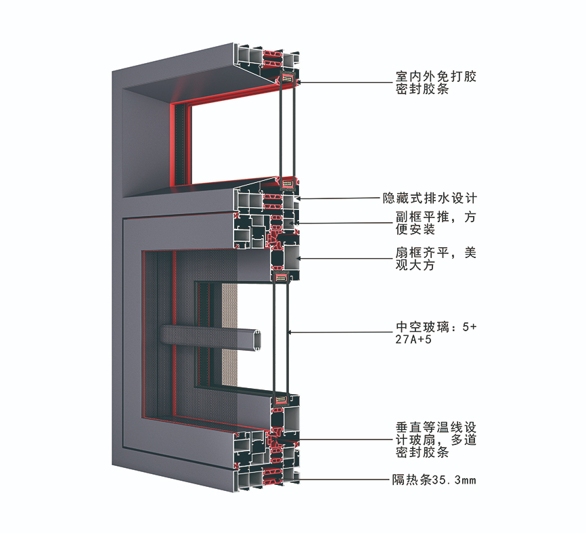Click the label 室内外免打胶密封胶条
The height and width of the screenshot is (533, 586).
click(x=436, y=83)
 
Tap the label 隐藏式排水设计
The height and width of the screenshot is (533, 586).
click(x=430, y=198)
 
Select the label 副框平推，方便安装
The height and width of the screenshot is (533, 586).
click(x=436, y=223)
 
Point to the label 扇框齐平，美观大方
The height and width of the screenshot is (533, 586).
click(x=436, y=259)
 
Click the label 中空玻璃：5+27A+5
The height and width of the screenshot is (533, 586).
click(x=436, y=333)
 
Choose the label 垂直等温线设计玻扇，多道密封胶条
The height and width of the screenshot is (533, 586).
click(x=436, y=440)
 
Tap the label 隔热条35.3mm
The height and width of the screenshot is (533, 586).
click(x=434, y=479)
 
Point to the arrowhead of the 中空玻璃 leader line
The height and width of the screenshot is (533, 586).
click(x=290, y=332)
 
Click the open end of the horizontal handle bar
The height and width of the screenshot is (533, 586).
click(x=256, y=340)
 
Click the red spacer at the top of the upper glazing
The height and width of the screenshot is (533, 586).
click(x=288, y=79)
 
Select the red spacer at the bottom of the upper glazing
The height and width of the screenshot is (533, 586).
click(x=288, y=184)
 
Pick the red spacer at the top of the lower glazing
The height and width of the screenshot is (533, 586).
click(x=281, y=277)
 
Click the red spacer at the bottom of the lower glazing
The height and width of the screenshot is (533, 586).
click(x=281, y=400)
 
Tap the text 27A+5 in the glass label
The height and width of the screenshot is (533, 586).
click(x=413, y=339)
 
